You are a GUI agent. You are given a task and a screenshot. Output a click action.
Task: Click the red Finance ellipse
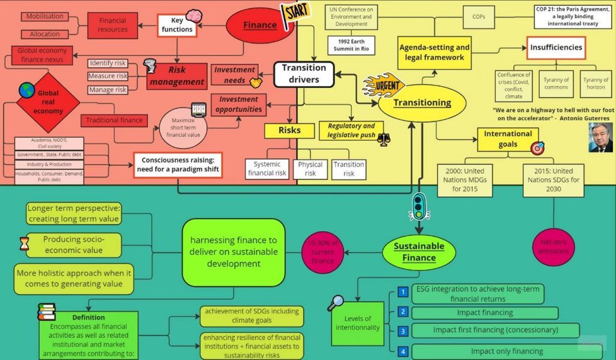(x=259, y=25)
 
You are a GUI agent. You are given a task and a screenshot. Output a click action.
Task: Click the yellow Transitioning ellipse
(x=422, y=102)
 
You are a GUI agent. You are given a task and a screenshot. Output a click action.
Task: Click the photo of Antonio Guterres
(x=600, y=138)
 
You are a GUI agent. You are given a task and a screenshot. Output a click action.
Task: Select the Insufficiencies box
(x=556, y=48)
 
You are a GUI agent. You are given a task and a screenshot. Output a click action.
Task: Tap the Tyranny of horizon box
(x=596, y=84)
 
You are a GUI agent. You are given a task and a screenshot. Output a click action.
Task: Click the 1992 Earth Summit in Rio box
(x=351, y=44)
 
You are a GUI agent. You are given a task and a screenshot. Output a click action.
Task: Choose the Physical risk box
(x=310, y=169)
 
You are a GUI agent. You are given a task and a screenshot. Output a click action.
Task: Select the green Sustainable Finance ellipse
(x=419, y=252)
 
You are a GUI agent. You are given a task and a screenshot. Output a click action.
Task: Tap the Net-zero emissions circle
(x=553, y=246)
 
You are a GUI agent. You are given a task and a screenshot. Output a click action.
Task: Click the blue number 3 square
(x=403, y=331)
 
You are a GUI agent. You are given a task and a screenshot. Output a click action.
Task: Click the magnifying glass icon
(x=335, y=303)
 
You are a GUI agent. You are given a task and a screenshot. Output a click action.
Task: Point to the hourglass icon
(x=24, y=243)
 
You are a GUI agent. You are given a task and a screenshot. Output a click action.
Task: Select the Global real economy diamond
(x=48, y=102)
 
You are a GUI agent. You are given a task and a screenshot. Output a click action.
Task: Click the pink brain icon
(x=194, y=16)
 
